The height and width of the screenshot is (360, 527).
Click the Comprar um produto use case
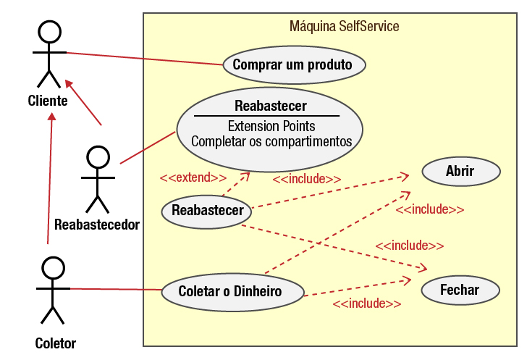292,64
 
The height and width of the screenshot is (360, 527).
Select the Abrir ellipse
460,172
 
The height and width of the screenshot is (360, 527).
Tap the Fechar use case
460,290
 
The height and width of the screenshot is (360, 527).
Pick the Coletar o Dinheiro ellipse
231,292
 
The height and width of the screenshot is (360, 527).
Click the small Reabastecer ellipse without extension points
207,211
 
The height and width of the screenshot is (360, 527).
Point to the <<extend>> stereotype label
193,177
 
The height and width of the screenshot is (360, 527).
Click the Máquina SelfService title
344,27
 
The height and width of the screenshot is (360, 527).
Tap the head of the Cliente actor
48,32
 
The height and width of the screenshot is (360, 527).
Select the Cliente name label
48,101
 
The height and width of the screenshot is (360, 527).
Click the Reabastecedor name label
97,225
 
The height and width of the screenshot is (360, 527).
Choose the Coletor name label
55,343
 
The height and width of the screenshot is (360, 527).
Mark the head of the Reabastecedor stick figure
98,156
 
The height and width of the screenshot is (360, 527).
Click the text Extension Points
271,126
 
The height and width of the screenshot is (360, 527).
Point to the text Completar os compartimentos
271,141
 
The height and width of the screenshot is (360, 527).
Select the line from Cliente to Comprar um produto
145,58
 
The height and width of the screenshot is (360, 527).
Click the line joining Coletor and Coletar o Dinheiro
116,290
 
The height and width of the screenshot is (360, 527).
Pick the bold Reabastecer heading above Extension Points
270,106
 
